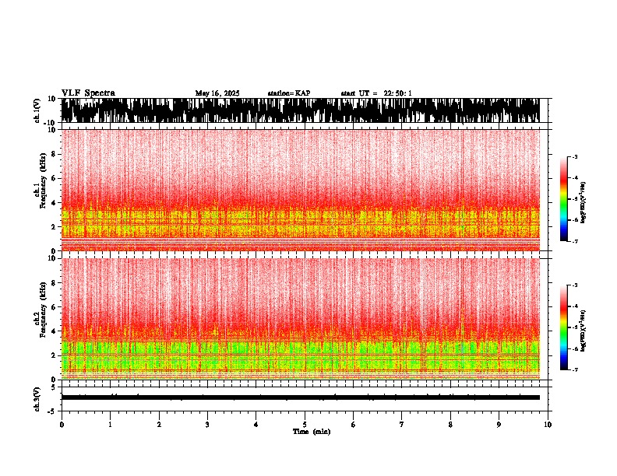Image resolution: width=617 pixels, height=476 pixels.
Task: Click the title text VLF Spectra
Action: click(88, 93)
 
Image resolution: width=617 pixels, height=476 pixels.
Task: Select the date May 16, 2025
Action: click(217, 93)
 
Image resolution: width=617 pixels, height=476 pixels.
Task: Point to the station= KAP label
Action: click(288, 93)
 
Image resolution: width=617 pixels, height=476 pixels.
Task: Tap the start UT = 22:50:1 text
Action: click(376, 93)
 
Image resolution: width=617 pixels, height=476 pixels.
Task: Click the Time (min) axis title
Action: click(311, 431)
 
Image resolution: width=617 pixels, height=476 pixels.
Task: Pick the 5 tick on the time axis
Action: click(305, 424)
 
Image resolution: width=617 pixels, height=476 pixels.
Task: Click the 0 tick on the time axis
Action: click(62, 424)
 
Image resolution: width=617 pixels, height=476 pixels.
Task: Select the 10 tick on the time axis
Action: click(548, 424)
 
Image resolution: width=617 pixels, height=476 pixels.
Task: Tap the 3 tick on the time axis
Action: click(207, 424)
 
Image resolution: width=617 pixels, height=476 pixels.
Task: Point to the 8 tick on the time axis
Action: click(450, 424)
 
